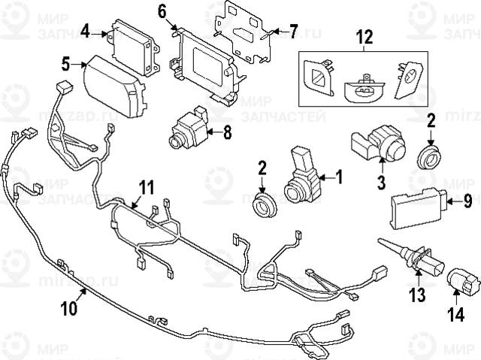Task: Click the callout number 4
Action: [86, 31]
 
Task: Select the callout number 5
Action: [66, 64]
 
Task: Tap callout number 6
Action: [162, 11]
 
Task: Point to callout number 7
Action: [293, 31]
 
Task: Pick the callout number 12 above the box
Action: [364, 35]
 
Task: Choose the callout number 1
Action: [339, 177]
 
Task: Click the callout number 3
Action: [381, 181]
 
